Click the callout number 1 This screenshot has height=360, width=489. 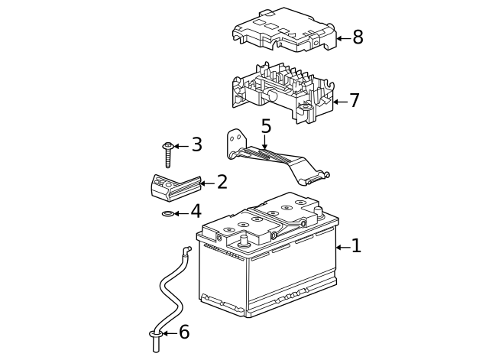(356, 246)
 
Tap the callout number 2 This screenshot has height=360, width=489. (222, 183)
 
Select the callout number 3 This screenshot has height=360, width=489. (196, 144)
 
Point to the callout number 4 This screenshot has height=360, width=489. (196, 212)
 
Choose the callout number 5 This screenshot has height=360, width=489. (266, 125)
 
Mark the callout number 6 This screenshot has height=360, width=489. (183, 332)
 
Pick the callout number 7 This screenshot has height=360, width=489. (354, 101)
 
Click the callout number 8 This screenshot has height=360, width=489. (358, 37)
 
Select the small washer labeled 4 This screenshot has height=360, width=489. (168, 213)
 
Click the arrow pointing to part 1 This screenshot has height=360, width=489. (342, 247)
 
